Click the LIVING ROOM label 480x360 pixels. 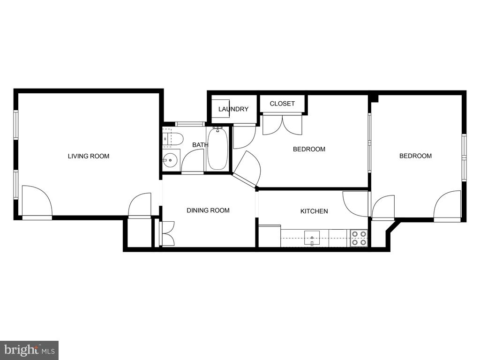point(89,156)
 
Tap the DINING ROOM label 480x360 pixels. point(208,210)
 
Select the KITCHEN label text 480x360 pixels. point(314,211)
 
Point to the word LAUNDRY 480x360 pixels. point(233,109)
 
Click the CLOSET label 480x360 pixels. point(282,104)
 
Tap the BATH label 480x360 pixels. point(201,145)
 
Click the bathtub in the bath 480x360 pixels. point(217,149)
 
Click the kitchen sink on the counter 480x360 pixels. point(312,238)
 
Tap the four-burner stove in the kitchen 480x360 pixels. point(359,238)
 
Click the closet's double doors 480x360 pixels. point(282,124)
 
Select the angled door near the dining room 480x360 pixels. point(247,169)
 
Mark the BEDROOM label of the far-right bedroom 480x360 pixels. point(415,156)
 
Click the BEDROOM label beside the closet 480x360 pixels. point(309,149)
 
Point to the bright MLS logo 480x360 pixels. point(30,350)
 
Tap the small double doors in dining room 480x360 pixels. point(167,233)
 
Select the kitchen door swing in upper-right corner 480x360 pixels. point(355,204)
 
